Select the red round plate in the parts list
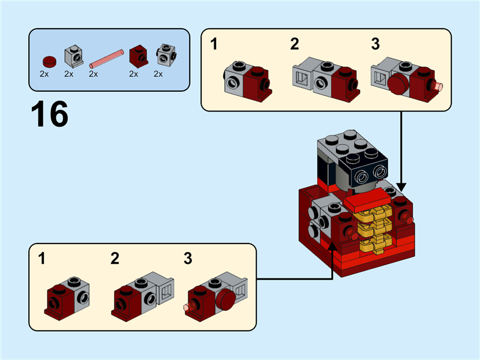click(x=48, y=60)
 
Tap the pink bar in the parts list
click(x=106, y=58)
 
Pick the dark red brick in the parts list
click(x=139, y=56)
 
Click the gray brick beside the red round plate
click(x=73, y=56)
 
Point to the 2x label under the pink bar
click(x=93, y=74)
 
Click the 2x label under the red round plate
click(x=44, y=74)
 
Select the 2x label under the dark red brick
click(x=133, y=74)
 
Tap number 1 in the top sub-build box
click(x=214, y=44)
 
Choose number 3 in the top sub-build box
click(x=375, y=44)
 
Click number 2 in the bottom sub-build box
click(x=115, y=259)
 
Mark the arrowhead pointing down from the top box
click(x=401, y=185)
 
